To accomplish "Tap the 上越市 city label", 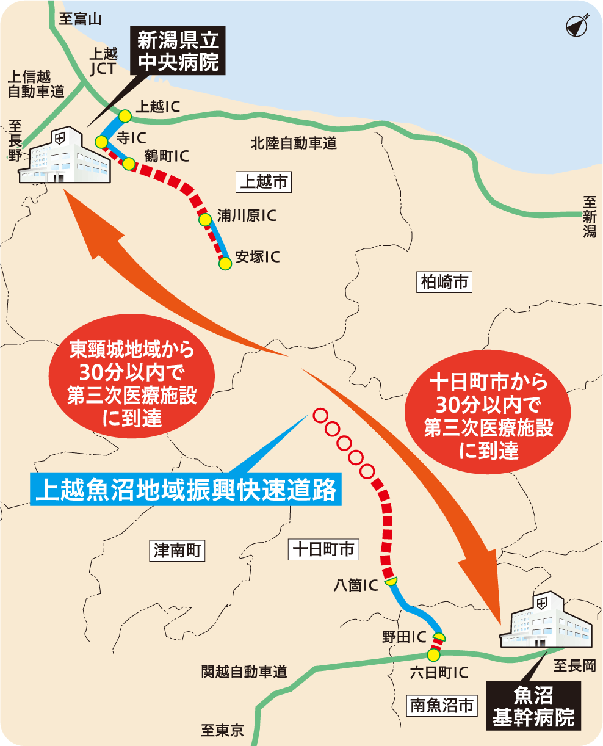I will click(263, 181).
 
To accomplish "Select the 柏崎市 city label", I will click(444, 282).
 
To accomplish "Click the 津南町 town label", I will click(177, 551).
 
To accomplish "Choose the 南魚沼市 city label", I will click(441, 706).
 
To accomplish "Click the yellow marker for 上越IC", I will click(125, 115).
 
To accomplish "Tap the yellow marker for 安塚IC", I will click(225, 264).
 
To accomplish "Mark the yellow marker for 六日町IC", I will click(433, 655).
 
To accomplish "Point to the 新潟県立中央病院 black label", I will click(178, 52).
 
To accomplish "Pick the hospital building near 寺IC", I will click(64, 156).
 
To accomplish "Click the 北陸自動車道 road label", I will click(294, 144).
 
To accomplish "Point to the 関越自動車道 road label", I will click(244, 672).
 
